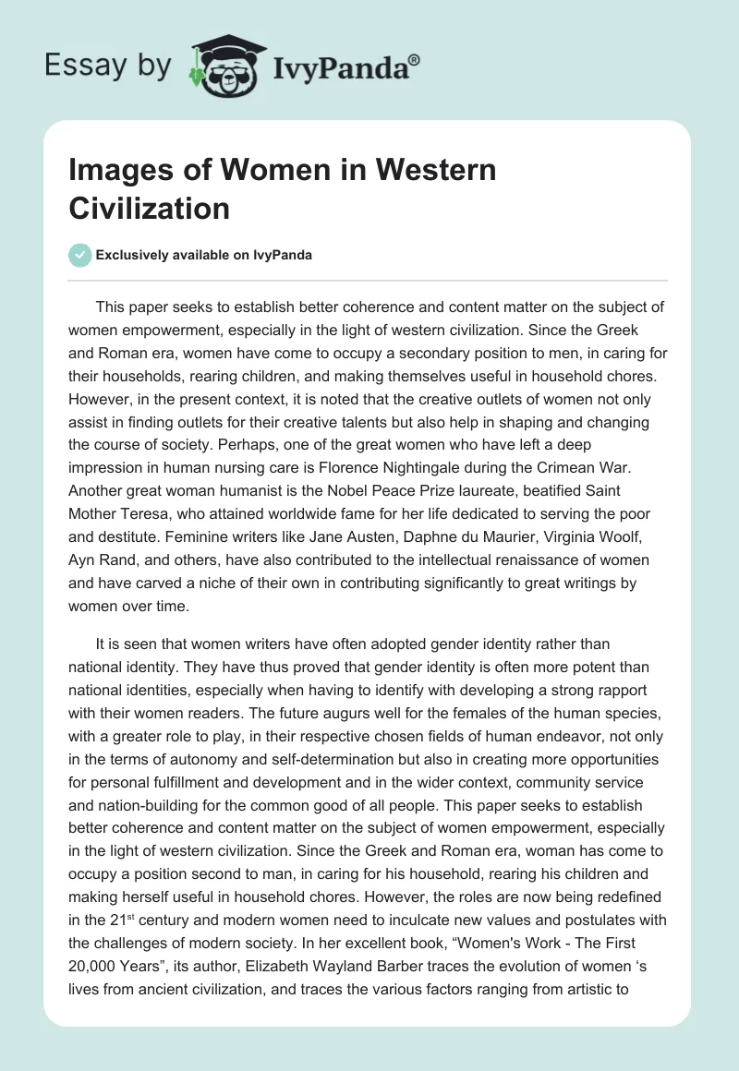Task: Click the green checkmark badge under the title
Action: point(80,256)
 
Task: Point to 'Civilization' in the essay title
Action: point(149,208)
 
